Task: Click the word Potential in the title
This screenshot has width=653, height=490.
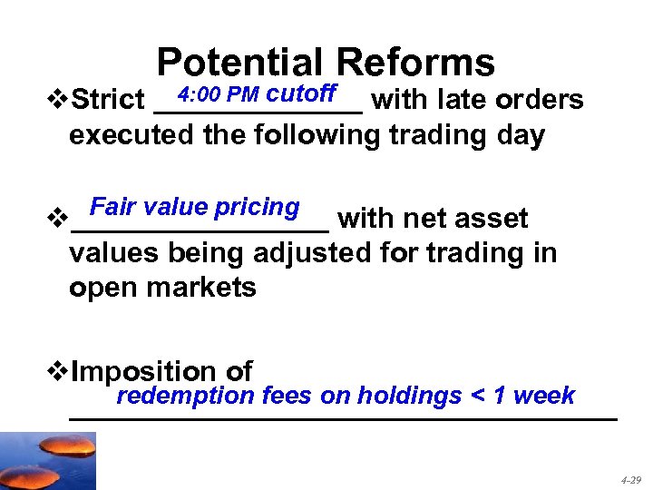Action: coord(239,64)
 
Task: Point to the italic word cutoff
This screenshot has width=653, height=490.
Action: coord(303,93)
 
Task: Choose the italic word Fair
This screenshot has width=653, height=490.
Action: coord(112,207)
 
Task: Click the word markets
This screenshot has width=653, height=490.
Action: coord(208,288)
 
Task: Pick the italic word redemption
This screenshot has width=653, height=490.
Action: coord(185,396)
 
